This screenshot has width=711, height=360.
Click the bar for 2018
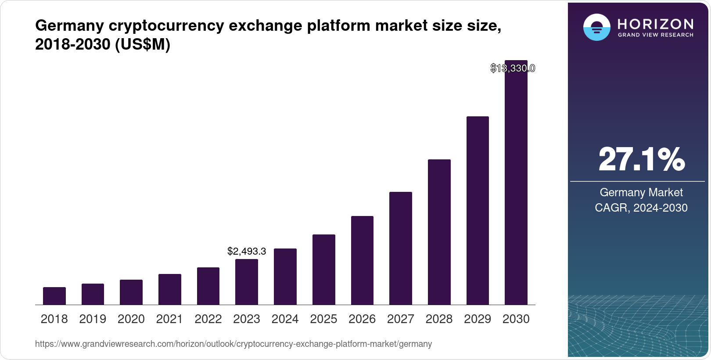click(54, 296)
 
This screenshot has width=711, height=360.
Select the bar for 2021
click(169, 289)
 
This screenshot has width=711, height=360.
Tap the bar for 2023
click(246, 282)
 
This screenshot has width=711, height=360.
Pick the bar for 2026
click(362, 260)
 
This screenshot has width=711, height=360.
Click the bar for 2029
click(478, 211)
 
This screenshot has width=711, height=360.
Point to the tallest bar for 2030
click(516, 184)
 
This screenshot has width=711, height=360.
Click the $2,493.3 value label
click(246, 252)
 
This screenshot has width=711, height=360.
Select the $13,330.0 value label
click(512, 68)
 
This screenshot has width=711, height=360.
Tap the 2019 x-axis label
click(93, 319)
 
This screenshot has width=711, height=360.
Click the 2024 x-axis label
click(285, 319)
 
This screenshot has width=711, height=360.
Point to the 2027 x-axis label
click(400, 319)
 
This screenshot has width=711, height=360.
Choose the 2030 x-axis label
click(516, 319)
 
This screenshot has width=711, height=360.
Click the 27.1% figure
click(641, 159)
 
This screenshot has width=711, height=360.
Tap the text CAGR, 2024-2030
click(641, 208)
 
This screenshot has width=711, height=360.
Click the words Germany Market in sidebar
click(641, 192)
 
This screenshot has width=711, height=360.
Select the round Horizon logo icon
click(596, 27)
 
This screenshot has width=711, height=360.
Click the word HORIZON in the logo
click(655, 24)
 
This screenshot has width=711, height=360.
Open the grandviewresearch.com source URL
click(233, 344)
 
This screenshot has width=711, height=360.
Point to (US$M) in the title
click(142, 44)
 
